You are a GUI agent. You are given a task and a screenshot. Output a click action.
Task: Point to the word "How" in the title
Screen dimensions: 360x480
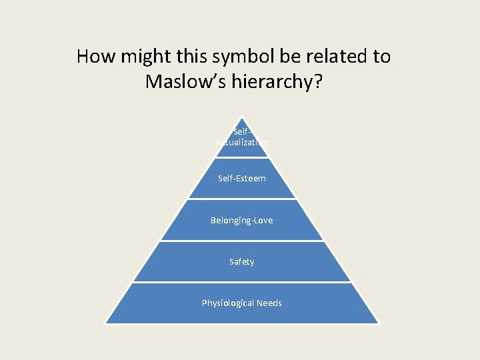tap(94, 57)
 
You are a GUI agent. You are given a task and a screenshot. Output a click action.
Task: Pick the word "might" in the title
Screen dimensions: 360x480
tap(139, 57)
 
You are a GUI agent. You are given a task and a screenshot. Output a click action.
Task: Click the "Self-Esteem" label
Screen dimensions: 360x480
tap(242, 179)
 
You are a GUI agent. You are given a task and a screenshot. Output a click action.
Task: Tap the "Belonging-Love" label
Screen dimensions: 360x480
tap(241, 220)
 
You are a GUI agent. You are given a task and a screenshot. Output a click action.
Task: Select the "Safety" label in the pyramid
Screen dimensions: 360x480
tap(241, 262)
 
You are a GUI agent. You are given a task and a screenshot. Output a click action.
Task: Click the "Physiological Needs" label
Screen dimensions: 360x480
tap(242, 303)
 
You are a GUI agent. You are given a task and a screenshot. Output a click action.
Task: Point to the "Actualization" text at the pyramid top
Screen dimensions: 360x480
tap(242, 142)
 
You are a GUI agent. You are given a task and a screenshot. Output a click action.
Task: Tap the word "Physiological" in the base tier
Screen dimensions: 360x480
tap(228, 303)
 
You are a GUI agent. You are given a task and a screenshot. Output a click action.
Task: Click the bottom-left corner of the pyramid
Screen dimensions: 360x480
tap(106, 323)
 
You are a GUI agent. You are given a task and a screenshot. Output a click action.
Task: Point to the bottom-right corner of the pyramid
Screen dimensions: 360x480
tap(378, 323)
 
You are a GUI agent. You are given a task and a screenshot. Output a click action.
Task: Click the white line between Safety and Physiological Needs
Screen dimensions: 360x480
tap(242, 283)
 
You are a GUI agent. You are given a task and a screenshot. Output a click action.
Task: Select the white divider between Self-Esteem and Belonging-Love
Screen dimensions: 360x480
tap(242, 199)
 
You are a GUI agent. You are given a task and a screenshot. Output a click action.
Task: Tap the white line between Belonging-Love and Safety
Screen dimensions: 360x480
tap(242, 241)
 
